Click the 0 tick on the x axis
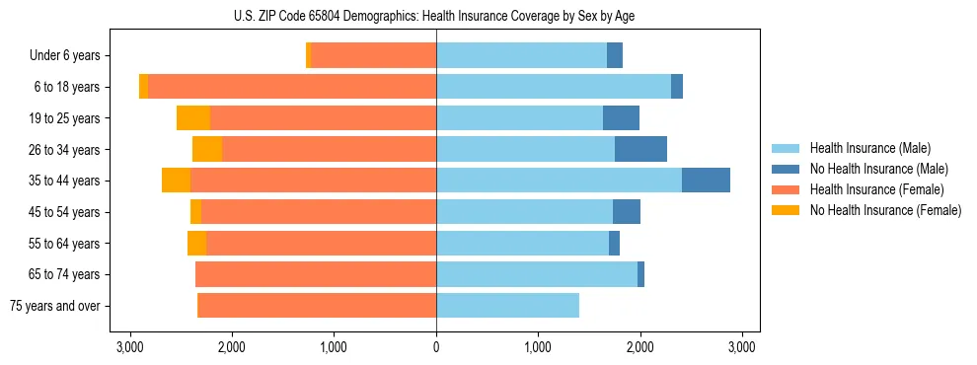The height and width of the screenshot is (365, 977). coord(436,347)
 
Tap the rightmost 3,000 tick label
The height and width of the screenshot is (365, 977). coord(741,347)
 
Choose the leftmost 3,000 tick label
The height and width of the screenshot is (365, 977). coord(130,347)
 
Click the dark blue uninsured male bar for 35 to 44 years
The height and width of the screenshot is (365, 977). coord(706,181)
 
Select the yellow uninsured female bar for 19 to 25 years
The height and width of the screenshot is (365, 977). coord(193,118)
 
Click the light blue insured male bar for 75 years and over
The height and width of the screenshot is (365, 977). coord(507,306)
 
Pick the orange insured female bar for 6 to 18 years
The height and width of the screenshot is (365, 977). coord(292,87)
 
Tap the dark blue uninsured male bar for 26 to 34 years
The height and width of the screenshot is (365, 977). coord(640,149)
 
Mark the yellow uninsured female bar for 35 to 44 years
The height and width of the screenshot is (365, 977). coord(176,181)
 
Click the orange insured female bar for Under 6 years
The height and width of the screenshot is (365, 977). coord(373,56)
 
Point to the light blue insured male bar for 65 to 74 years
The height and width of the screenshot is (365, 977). coord(537,274)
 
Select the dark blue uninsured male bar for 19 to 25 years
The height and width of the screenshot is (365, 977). coord(621,118)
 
